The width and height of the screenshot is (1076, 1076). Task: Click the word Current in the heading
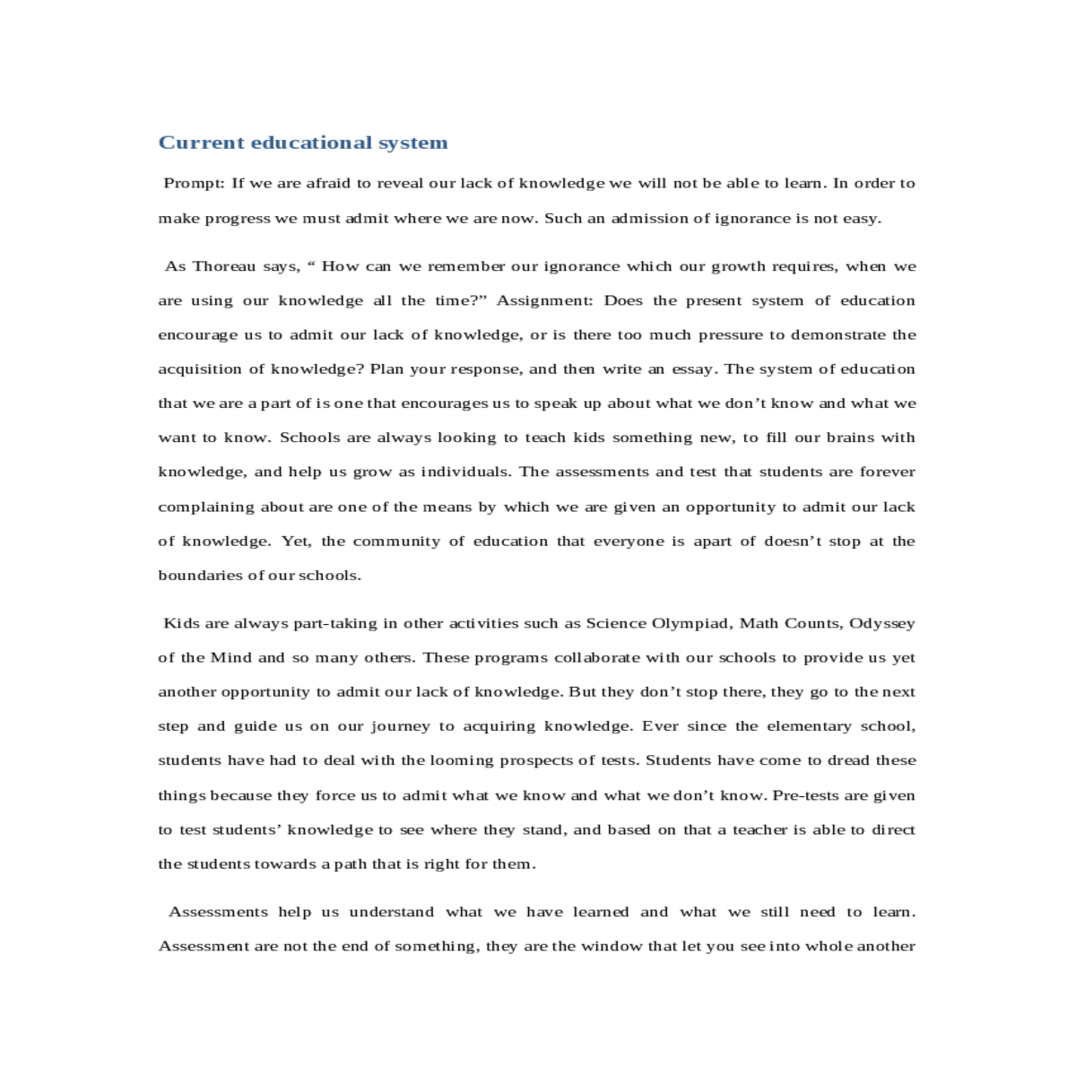[202, 143]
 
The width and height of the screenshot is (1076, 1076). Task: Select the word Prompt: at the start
[194, 183]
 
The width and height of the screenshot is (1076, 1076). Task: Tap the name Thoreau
[223, 266]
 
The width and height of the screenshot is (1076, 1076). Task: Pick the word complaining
[206, 508]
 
